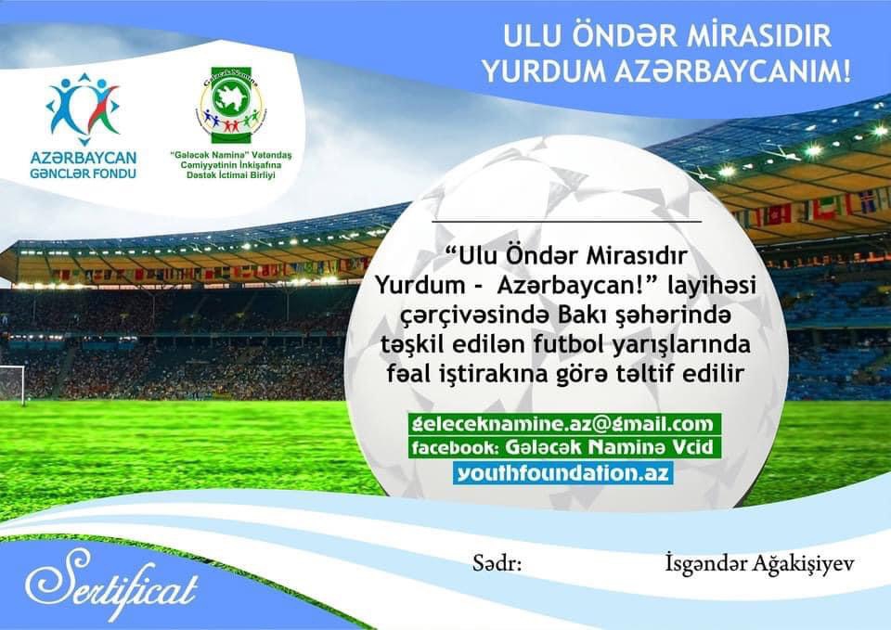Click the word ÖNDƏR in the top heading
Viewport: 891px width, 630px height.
pyautogui.click(x=611, y=39)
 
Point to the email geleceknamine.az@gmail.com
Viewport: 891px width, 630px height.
pyautogui.click(x=562, y=425)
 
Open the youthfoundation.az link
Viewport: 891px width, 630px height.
pyautogui.click(x=563, y=472)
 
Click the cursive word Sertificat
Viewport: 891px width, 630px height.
pyautogui.click(x=111, y=581)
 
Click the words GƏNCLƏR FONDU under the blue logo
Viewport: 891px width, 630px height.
pyautogui.click(x=83, y=172)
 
